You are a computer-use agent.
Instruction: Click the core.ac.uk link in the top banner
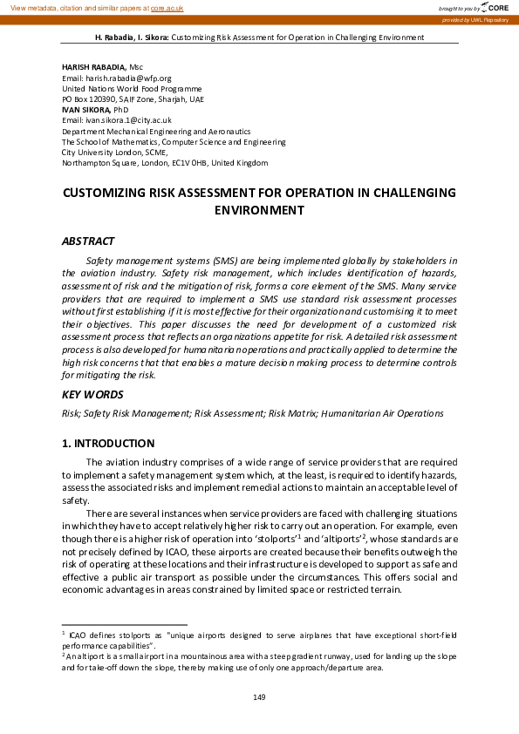point(167,8)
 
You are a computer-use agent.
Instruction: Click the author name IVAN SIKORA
point(84,109)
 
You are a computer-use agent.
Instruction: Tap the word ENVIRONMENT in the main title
point(259,210)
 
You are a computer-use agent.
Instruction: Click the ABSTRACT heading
point(87,241)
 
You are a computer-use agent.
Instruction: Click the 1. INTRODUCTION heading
point(108,443)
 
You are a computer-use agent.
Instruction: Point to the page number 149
point(259,697)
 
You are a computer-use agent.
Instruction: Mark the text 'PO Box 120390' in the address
point(90,99)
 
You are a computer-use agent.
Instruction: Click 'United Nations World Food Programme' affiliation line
point(131,88)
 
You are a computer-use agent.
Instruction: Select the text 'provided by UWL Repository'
point(475,18)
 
